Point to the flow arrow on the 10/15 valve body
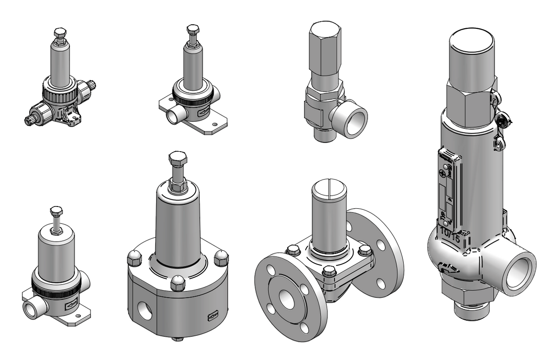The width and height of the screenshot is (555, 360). tap(448, 268)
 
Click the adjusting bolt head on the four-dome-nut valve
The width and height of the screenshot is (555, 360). tap(178, 159)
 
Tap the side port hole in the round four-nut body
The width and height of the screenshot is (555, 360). tap(146, 311)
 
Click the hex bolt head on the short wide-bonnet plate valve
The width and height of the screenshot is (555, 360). tap(56, 212)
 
